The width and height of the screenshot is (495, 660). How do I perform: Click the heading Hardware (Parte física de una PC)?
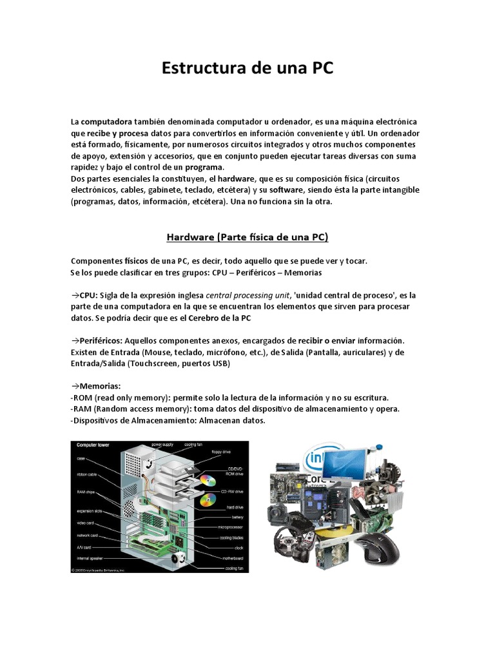(247, 237)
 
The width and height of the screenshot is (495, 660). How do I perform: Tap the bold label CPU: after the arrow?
(88, 295)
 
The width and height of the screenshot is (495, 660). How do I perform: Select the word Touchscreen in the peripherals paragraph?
(154, 364)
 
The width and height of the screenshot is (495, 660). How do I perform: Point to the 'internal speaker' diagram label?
(92, 558)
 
